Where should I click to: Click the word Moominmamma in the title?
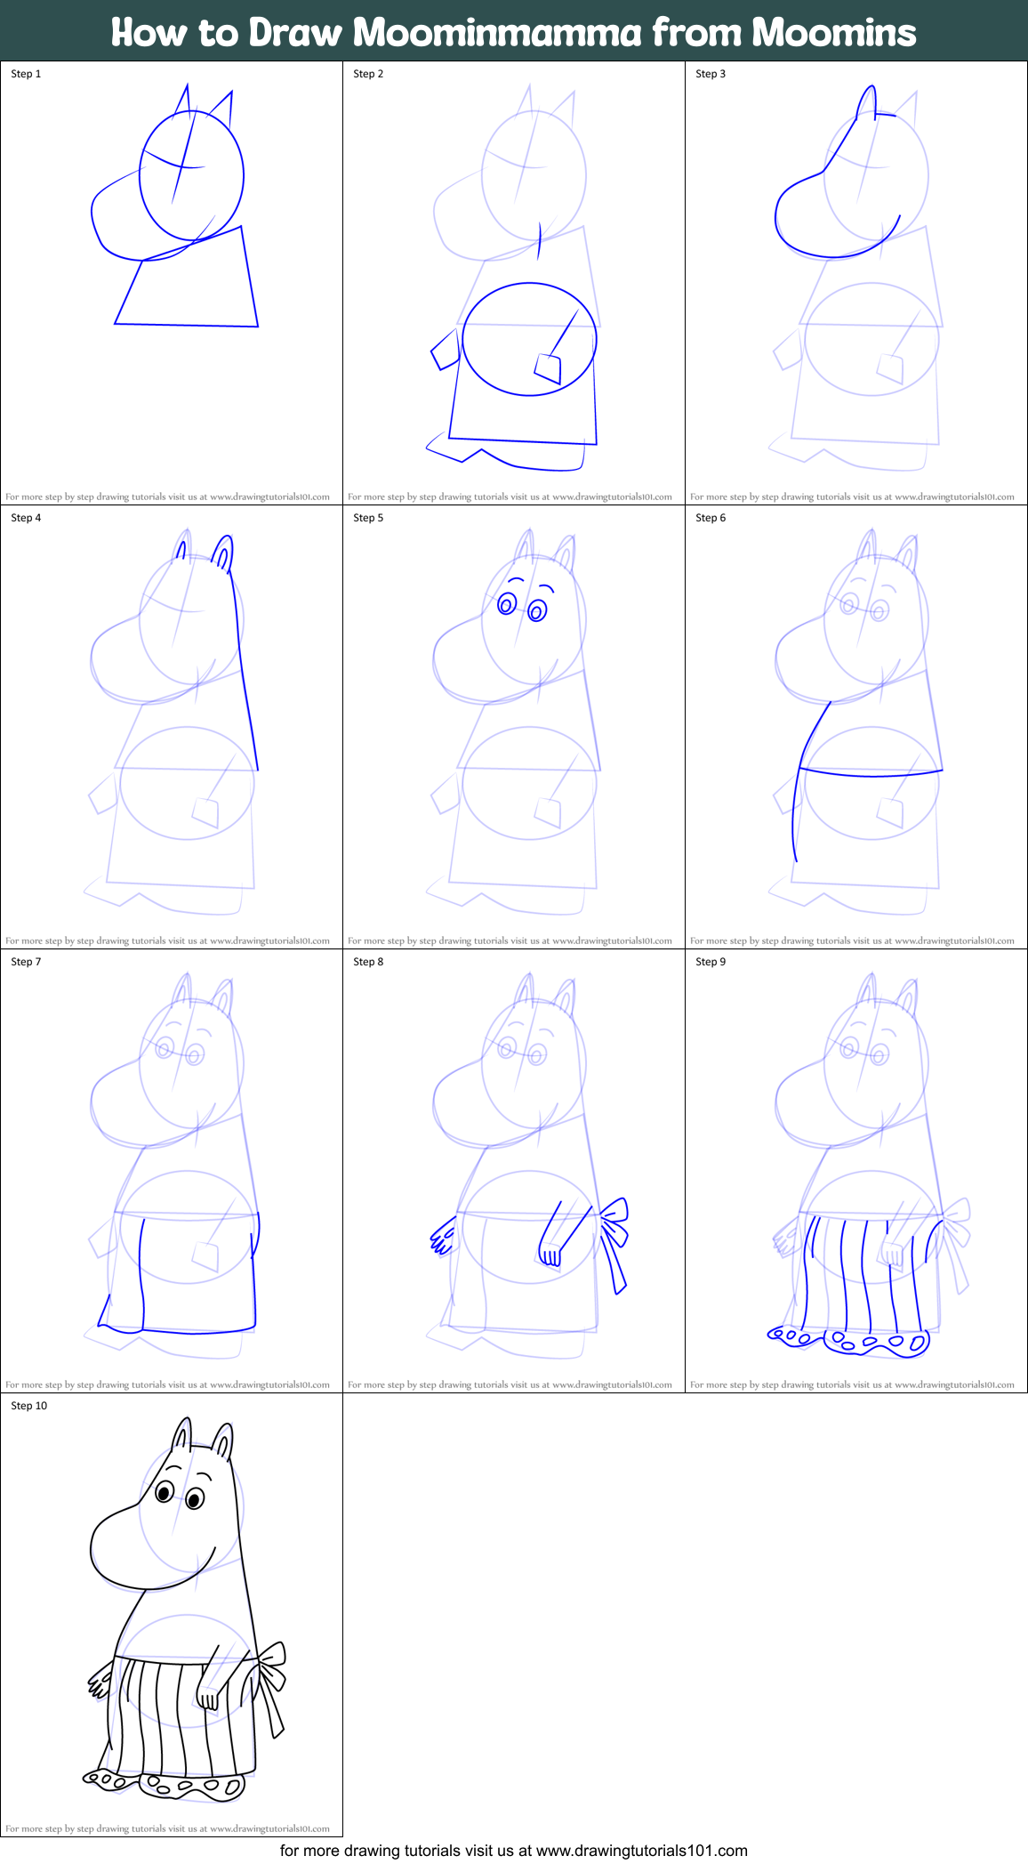pyautogui.click(x=497, y=32)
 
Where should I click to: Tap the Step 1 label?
pyautogui.click(x=26, y=74)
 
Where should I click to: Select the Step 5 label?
pyautogui.click(x=368, y=518)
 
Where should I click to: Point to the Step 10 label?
pyautogui.click(x=28, y=1406)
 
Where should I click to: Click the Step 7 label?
pyautogui.click(x=26, y=962)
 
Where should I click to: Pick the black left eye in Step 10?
pyautogui.click(x=165, y=1491)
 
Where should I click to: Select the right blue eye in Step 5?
pyautogui.click(x=537, y=610)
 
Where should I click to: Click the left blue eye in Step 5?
pyautogui.click(x=507, y=605)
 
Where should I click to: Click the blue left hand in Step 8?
pyautogui.click(x=442, y=1238)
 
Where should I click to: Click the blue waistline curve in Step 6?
pyautogui.click(x=871, y=775)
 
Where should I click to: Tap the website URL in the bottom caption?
pyautogui.click(x=641, y=1851)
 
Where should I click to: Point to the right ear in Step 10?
pyautogui.click(x=222, y=1441)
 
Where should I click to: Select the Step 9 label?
pyautogui.click(x=711, y=962)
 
